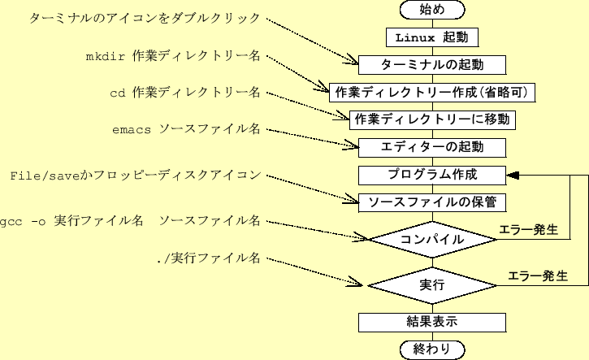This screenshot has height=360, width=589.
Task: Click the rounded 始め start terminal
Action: click(x=432, y=10)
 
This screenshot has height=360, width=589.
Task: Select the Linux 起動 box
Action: click(x=432, y=37)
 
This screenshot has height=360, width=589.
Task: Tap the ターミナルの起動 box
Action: click(x=432, y=65)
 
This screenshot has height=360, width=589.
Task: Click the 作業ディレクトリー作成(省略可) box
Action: click(x=432, y=92)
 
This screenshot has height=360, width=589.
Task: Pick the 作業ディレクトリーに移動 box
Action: click(x=432, y=119)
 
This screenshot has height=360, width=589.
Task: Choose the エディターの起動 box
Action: click(x=432, y=147)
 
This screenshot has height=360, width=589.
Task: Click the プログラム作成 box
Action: click(x=432, y=175)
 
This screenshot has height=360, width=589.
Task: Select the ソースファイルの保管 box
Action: click(x=432, y=202)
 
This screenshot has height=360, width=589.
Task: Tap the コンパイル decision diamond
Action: click(x=432, y=240)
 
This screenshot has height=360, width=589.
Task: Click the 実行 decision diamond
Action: click(x=432, y=285)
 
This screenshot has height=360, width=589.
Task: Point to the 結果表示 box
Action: click(x=432, y=322)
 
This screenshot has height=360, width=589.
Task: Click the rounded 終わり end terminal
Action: click(x=432, y=349)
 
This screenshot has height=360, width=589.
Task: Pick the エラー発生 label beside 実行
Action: click(x=537, y=276)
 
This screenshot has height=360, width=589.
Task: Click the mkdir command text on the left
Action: click(x=173, y=57)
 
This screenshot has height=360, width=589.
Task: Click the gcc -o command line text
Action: click(x=130, y=221)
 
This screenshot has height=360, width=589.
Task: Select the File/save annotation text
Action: click(x=135, y=176)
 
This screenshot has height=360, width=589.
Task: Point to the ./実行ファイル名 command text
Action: click(x=208, y=259)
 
